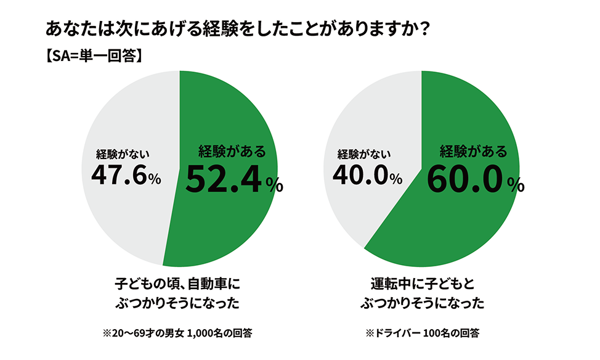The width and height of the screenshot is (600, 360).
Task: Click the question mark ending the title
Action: click(423, 30)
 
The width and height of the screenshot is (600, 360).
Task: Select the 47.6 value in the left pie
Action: click(118, 176)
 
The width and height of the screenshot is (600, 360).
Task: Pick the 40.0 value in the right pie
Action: click(360, 176)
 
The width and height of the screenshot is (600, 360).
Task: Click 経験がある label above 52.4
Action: click(232, 150)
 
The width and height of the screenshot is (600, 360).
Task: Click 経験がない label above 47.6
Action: click(123, 153)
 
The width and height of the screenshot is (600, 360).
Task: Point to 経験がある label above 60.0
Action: click(473, 150)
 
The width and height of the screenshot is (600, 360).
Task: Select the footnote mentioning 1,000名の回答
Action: click(177, 333)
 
